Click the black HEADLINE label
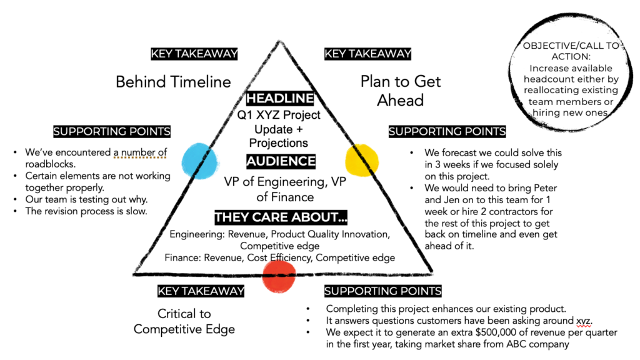[280, 99]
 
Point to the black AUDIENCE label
[281, 161]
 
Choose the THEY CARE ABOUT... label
[281, 217]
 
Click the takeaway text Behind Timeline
[173, 82]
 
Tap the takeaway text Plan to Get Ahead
[400, 91]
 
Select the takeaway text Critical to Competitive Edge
[184, 321]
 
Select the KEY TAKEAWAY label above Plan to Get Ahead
[367, 54]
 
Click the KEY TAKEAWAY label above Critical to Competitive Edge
[201, 291]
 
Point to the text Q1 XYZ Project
[279, 115]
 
